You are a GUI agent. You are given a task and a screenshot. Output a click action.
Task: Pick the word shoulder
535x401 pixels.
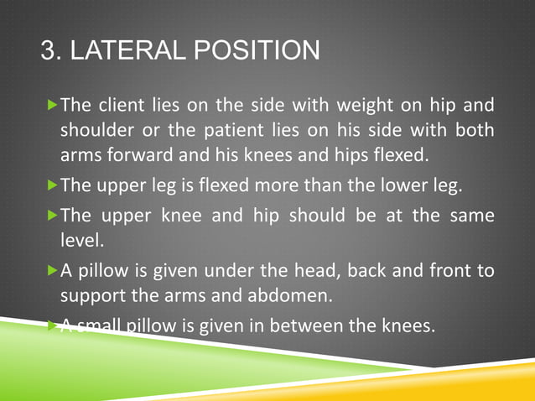tap(92, 132)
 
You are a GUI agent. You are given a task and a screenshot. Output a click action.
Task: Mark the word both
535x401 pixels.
tap(475, 132)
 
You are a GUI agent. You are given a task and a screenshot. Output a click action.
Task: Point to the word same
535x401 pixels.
tap(472, 216)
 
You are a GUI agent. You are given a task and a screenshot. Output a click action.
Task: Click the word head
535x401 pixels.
tap(311, 271)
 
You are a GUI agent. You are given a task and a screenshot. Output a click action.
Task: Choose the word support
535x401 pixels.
tap(91, 296)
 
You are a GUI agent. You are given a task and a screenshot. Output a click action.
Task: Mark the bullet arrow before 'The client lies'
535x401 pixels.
tap(52, 106)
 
